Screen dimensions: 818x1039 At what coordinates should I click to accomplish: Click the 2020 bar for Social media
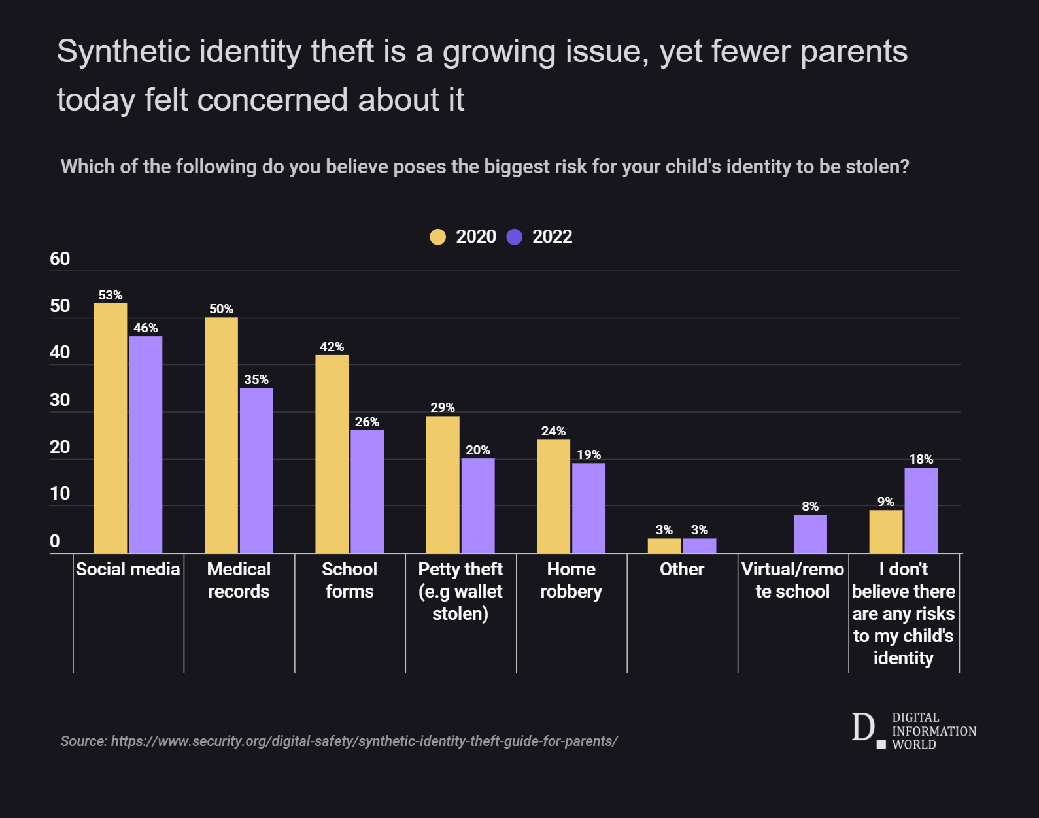[111, 428]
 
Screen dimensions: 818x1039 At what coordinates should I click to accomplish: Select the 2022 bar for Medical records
[256, 471]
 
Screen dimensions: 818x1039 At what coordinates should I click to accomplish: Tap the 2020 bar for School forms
[332, 454]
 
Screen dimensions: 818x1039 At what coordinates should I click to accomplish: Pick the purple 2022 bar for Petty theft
[478, 505]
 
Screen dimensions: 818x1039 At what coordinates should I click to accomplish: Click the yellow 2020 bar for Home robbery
[553, 496]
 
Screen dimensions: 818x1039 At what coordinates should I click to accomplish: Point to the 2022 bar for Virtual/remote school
[810, 534]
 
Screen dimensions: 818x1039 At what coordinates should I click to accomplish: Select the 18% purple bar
[921, 510]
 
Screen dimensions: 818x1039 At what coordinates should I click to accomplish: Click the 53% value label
[111, 296]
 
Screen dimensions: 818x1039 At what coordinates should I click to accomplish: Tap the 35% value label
[256, 380]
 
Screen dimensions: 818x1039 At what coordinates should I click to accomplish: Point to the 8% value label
[810, 507]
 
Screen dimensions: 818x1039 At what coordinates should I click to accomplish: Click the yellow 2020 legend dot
[437, 237]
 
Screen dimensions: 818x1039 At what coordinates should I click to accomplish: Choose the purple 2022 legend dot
[515, 237]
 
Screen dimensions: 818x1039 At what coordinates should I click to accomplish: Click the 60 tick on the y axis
[60, 259]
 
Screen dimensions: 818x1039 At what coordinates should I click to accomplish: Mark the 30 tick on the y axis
[60, 400]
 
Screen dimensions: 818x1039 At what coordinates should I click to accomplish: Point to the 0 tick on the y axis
[55, 541]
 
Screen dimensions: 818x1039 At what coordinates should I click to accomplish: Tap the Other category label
[682, 570]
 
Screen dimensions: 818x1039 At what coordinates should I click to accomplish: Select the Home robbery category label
[571, 581]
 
